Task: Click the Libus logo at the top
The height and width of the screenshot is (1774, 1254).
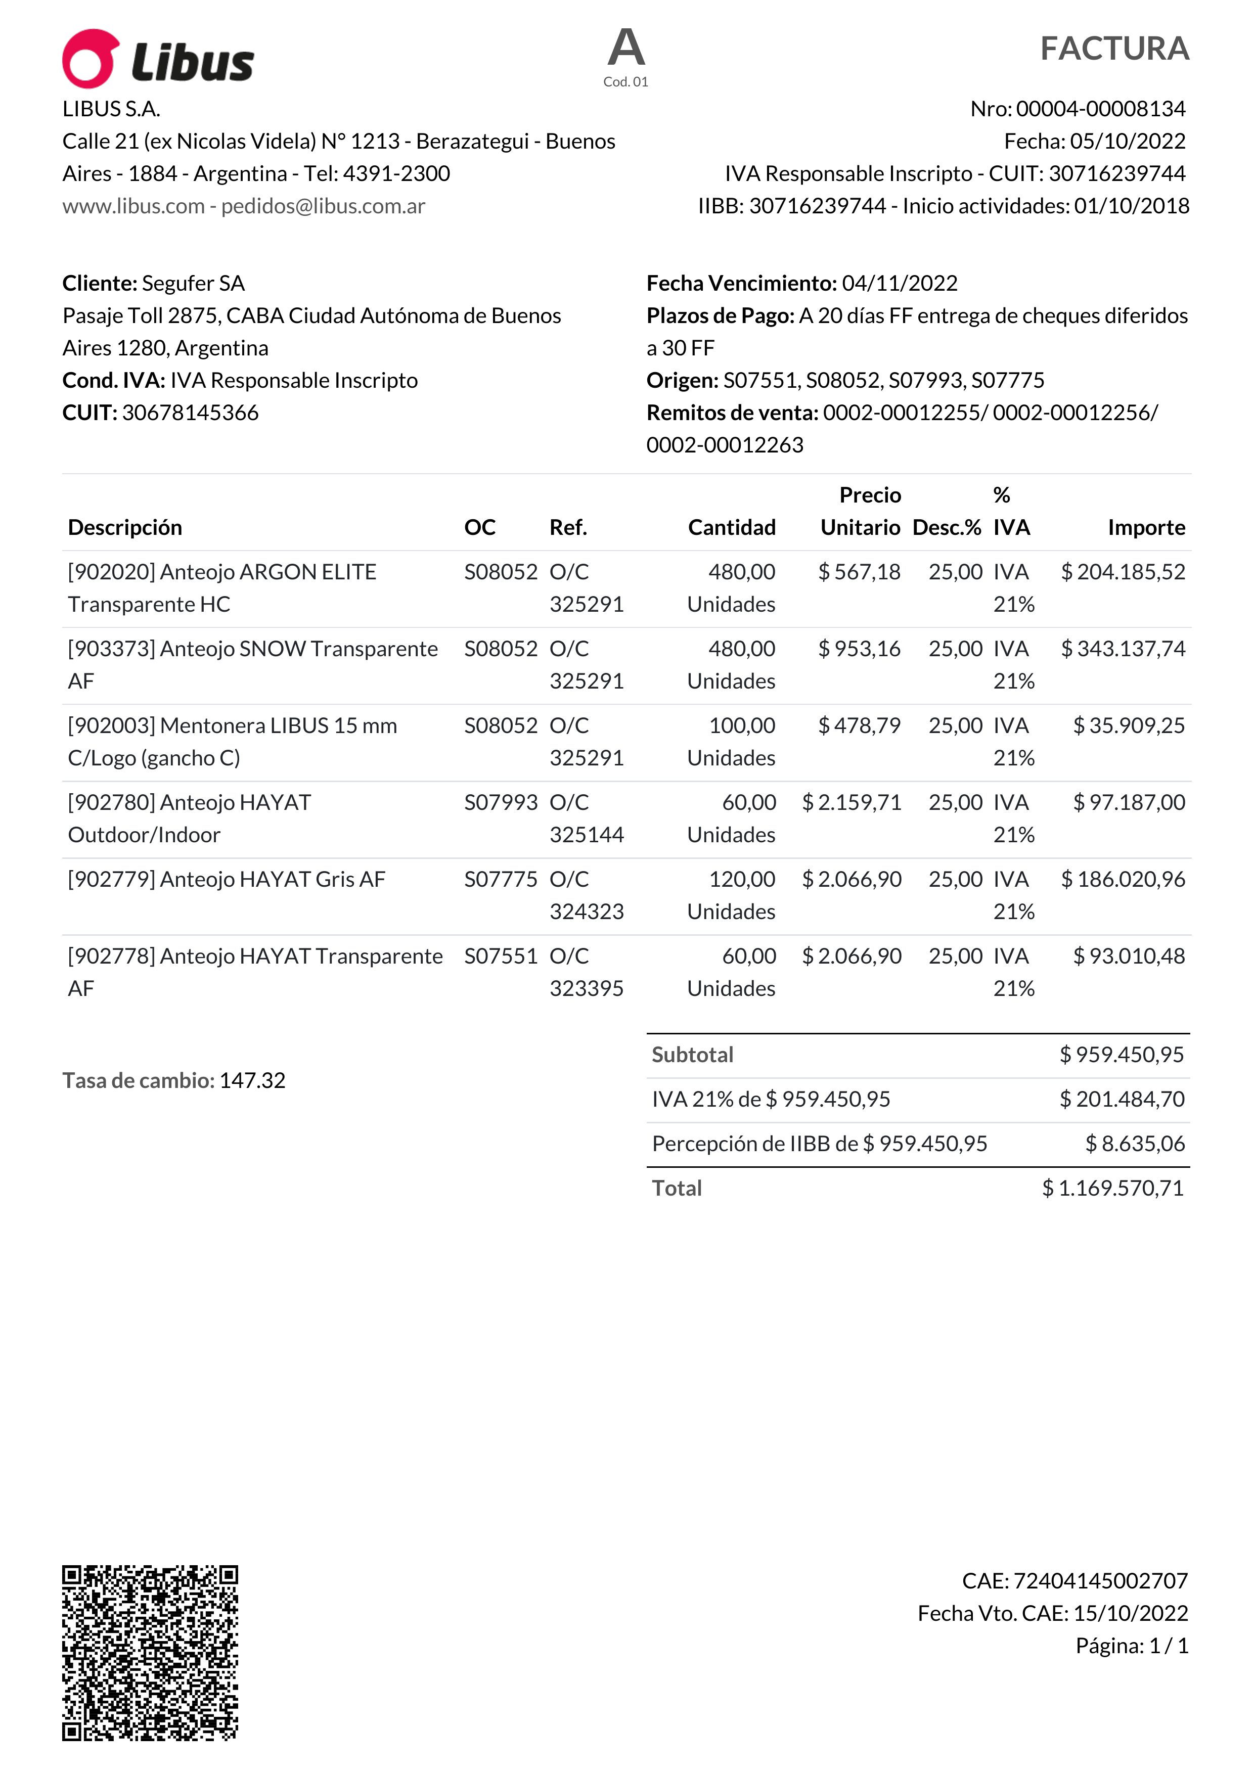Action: tap(158, 60)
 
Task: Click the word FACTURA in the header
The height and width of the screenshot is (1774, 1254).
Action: tap(1113, 49)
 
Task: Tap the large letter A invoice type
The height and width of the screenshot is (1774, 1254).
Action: tap(626, 48)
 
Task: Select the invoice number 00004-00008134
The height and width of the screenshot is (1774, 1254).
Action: tap(1100, 109)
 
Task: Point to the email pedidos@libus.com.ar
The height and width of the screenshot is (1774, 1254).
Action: tap(323, 206)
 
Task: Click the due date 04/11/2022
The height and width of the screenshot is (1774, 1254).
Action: tap(900, 284)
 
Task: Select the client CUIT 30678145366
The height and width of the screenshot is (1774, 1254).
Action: tap(190, 413)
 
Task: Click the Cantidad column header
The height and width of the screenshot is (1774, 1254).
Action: tap(732, 528)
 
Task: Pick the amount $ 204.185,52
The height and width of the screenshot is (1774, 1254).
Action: tap(1123, 572)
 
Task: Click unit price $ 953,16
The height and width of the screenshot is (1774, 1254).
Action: tap(859, 649)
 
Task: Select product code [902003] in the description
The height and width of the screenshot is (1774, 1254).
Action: tap(112, 725)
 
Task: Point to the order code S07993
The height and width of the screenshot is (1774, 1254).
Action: tap(501, 803)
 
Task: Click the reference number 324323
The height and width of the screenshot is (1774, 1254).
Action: tap(587, 912)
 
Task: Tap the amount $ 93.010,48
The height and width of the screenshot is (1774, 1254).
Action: tap(1129, 957)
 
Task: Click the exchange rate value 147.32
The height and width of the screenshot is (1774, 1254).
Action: tap(253, 1080)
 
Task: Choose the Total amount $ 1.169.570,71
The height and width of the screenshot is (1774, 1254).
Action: tap(1112, 1189)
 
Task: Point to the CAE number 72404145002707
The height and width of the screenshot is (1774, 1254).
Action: tap(1100, 1581)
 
